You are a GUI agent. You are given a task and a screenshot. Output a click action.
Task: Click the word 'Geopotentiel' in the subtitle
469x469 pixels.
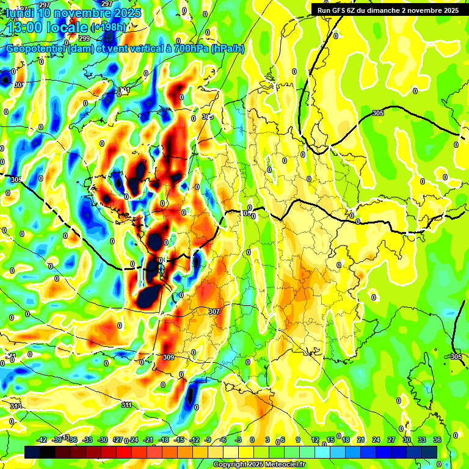(37, 49)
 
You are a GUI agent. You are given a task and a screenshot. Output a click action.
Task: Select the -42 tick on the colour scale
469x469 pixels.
(42, 440)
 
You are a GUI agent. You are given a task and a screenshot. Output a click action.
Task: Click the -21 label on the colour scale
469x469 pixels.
(148, 440)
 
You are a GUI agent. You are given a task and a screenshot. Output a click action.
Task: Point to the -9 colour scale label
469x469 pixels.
(208, 440)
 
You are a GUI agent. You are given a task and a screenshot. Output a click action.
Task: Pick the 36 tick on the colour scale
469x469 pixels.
(437, 440)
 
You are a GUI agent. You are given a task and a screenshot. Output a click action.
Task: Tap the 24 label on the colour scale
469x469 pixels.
(376, 440)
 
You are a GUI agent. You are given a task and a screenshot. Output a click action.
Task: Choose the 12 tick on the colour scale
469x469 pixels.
(315, 440)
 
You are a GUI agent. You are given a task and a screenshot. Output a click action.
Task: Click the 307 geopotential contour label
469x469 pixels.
(214, 311)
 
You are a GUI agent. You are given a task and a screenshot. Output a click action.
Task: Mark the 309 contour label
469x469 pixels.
(169, 357)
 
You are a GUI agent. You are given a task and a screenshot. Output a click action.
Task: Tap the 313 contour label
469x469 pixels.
(16, 406)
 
